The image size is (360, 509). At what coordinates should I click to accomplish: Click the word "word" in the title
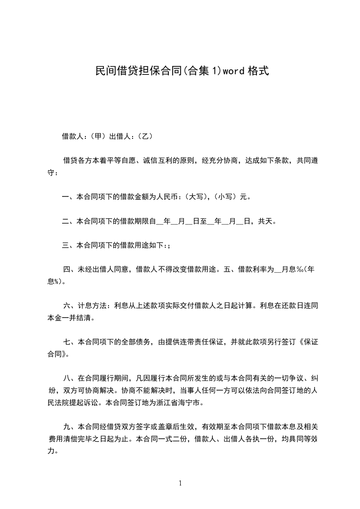pos(233,71)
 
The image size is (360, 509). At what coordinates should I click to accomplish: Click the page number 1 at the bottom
pos(180,484)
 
